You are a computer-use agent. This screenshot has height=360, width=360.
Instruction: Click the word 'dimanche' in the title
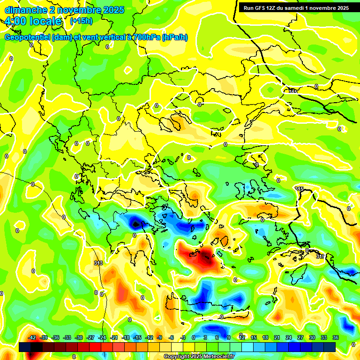click(22, 10)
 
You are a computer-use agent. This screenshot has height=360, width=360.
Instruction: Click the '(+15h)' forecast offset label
click(81, 21)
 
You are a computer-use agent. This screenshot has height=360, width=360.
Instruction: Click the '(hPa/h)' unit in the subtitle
click(174, 37)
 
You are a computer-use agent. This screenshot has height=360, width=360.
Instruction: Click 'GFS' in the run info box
click(261, 8)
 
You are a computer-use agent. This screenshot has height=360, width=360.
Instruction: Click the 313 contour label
click(98, 263)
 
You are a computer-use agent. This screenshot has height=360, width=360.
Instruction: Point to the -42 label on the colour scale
click(32, 337)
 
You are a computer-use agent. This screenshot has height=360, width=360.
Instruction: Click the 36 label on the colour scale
click(336, 337)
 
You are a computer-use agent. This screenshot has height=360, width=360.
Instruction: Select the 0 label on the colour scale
click(194, 337)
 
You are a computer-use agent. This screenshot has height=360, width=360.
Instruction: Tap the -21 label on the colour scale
click(114, 337)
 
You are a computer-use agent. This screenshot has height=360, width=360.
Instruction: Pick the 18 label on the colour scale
click(265, 337)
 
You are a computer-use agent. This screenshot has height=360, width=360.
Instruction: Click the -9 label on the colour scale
click(159, 337)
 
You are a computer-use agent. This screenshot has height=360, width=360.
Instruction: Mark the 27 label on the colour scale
click(300, 337)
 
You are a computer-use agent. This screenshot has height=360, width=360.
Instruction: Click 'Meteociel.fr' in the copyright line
click(216, 357)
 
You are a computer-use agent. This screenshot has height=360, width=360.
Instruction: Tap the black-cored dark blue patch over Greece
click(136, 224)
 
